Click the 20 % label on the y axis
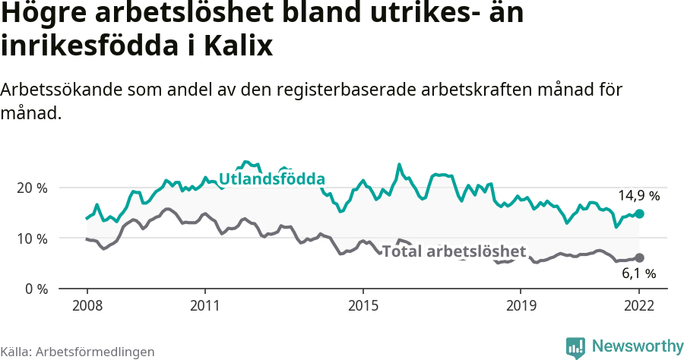tap(32, 188)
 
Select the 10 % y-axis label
tap(32, 238)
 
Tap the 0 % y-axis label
tap(35, 289)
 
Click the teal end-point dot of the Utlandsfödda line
tap(639, 214)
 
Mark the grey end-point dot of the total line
tap(639, 258)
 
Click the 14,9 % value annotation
tap(638, 196)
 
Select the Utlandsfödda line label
tap(272, 179)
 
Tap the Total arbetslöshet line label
tap(454, 251)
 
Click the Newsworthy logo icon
tap(575, 347)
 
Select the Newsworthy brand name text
tap(638, 346)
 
